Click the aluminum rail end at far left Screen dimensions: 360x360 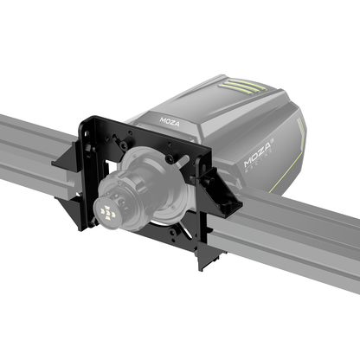pyautogui.click(x=13, y=160)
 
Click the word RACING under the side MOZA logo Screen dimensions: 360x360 pyautogui.click(x=264, y=171)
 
